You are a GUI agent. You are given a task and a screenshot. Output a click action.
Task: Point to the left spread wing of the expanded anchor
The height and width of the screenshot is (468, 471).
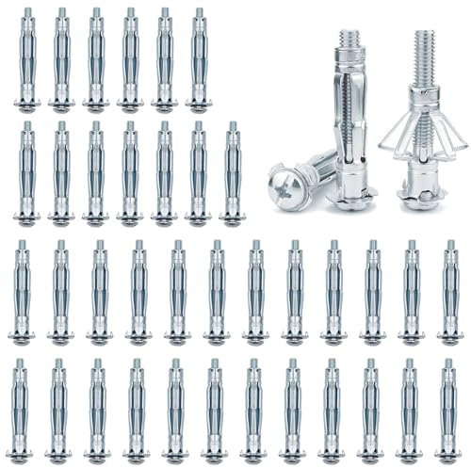(395, 136)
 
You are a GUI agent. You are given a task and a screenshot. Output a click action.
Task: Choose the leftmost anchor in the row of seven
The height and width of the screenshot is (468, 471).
(26, 174)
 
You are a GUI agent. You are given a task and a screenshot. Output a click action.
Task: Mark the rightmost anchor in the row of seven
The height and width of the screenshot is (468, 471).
(233, 174)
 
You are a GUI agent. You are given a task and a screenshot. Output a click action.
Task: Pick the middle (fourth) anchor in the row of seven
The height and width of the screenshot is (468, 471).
(129, 174)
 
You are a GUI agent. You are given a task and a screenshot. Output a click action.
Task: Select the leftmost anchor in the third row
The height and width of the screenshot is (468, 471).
(21, 292)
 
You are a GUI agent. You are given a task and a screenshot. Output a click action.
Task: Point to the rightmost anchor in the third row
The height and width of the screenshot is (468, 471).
(449, 292)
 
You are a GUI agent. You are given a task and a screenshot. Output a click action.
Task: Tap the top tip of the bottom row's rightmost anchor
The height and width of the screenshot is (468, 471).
(449, 363)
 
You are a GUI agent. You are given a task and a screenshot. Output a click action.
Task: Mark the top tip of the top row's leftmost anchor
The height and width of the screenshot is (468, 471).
(26, 13)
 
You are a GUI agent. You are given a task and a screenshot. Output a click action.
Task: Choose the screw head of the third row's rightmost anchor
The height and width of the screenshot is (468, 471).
(449, 337)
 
